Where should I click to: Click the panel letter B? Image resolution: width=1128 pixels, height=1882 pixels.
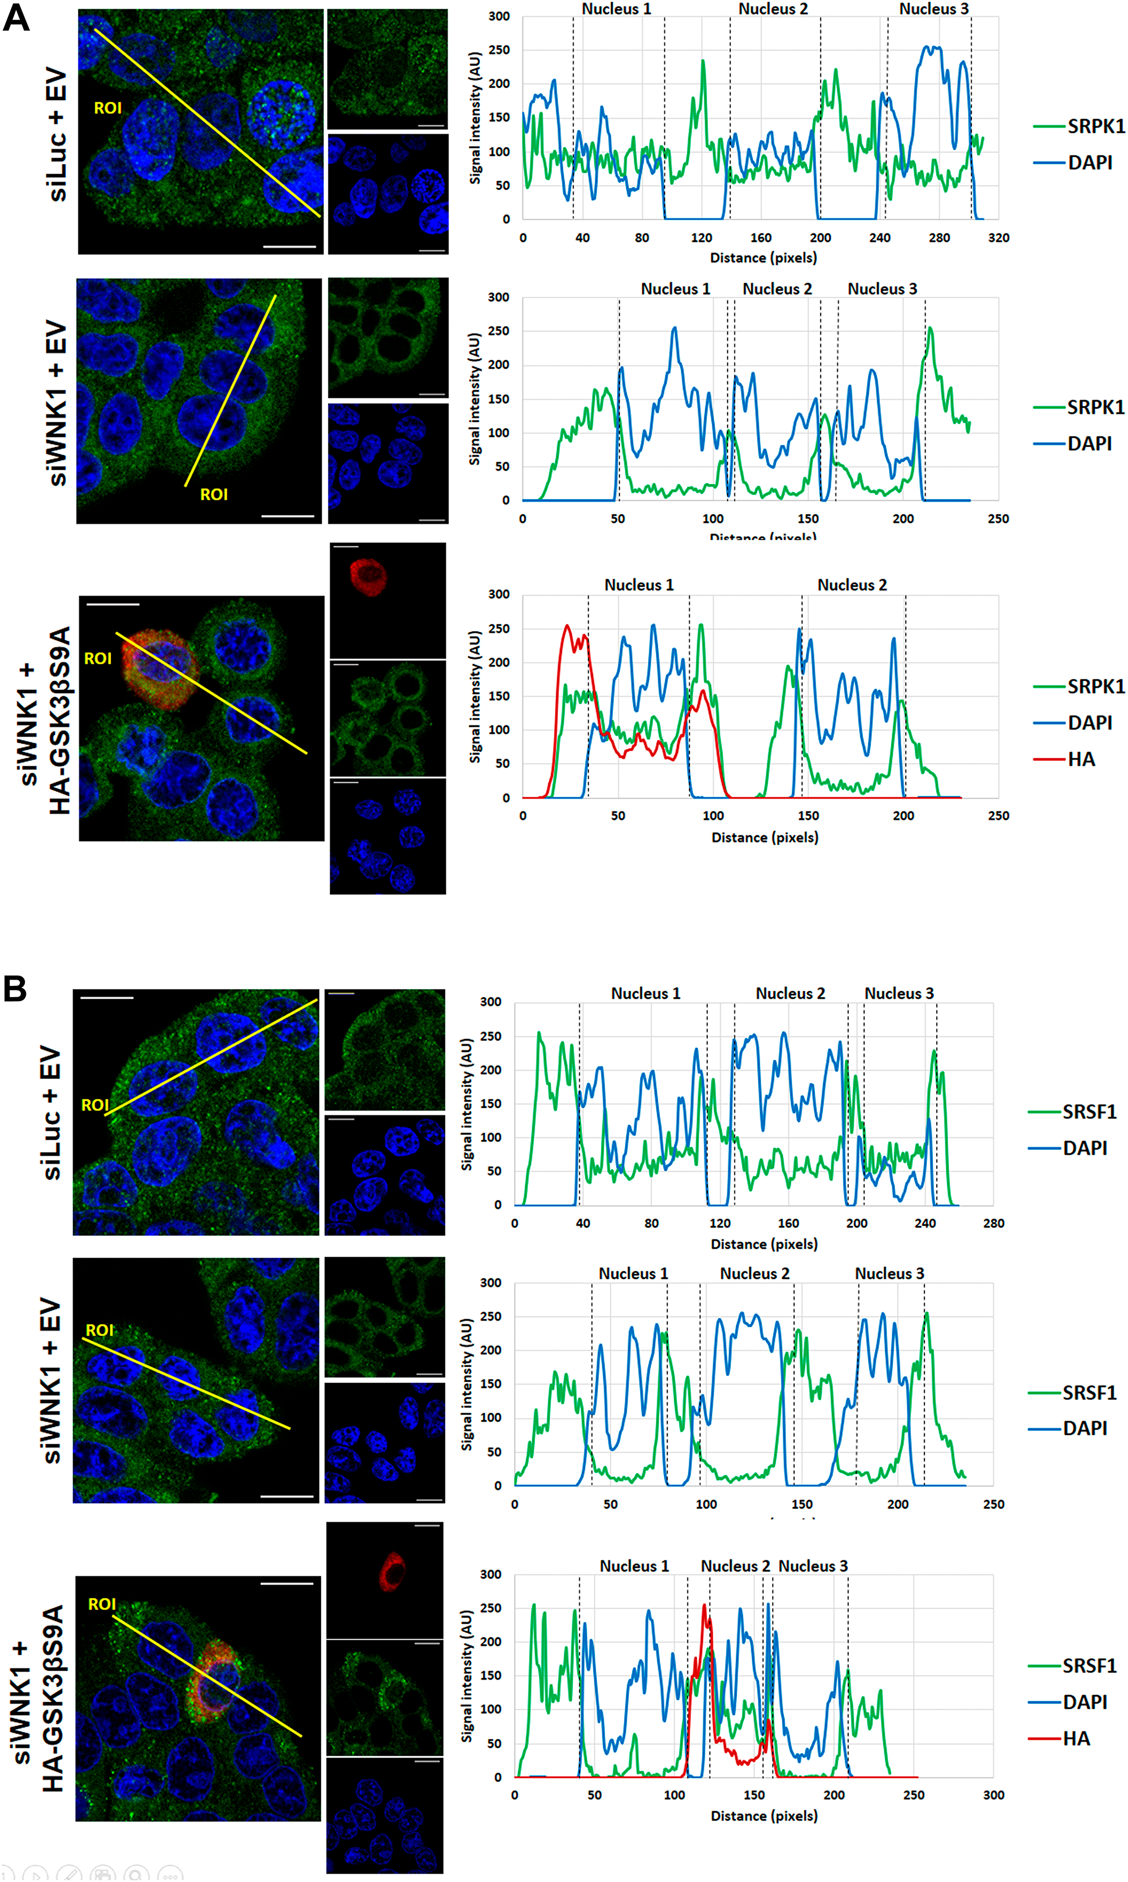15,988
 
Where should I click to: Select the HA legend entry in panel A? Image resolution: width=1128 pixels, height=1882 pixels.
1080,759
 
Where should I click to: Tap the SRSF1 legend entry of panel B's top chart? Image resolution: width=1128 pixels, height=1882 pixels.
1089,1112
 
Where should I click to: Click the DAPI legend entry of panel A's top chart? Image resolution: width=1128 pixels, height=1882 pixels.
1089,162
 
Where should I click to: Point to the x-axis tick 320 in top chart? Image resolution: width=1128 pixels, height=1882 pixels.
998,238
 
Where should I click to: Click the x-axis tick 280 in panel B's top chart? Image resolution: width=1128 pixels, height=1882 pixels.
993,1223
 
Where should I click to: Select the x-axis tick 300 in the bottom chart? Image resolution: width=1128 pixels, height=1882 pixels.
993,1795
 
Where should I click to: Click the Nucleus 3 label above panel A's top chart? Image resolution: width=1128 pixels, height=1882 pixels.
933,9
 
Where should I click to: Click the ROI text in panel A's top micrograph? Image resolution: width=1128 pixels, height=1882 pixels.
107,108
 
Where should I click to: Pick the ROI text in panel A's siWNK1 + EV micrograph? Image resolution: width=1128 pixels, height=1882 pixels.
214,495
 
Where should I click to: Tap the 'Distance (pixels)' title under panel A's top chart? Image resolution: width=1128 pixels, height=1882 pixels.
763,258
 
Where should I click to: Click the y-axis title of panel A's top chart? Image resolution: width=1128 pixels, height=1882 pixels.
475,118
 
